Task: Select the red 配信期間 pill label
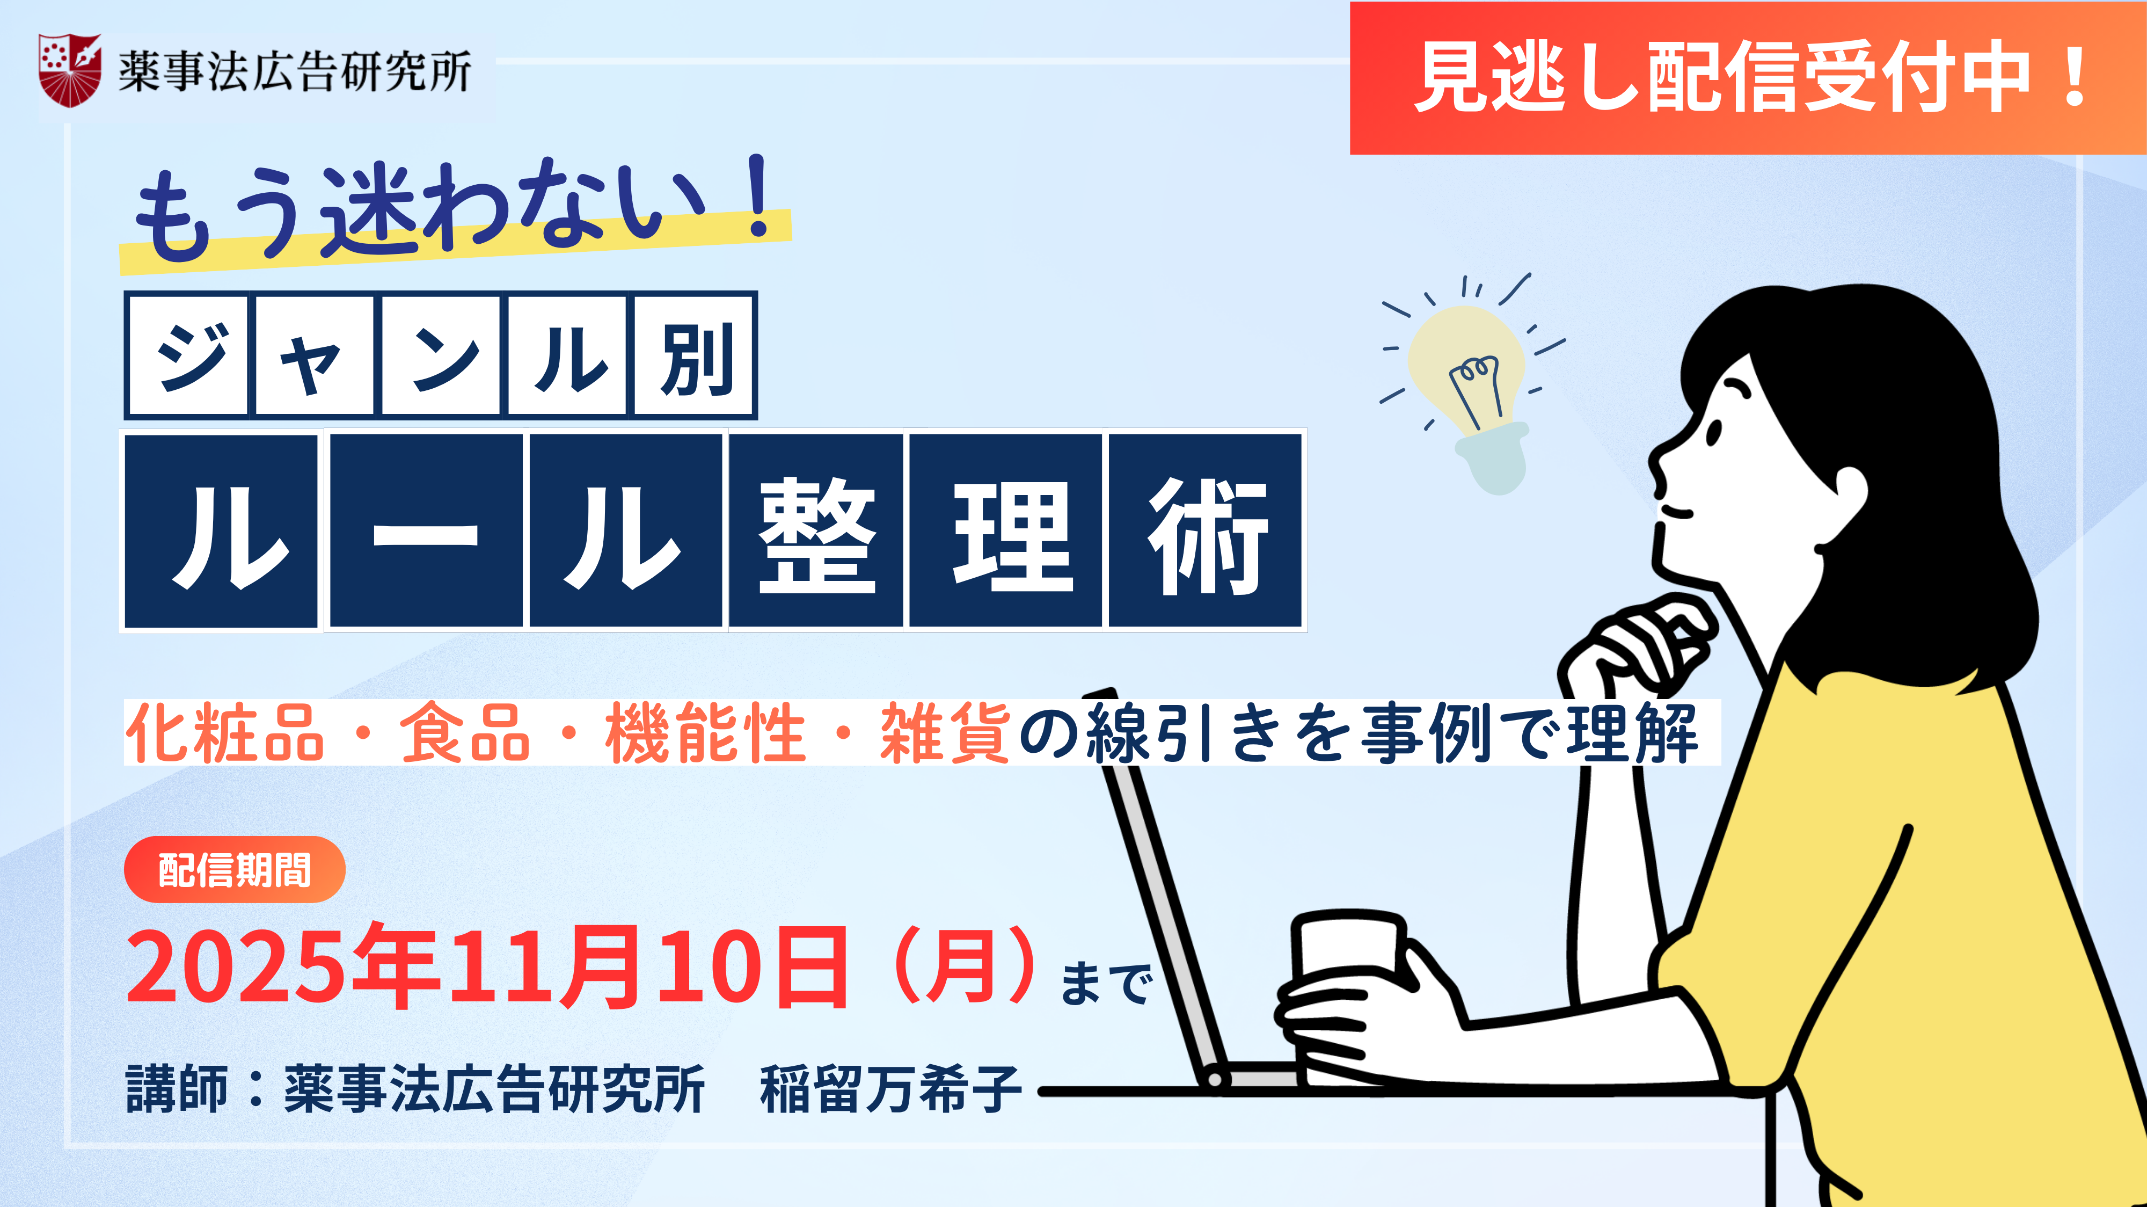pyautogui.click(x=234, y=869)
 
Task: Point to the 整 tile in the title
pyautogui.click(x=817, y=530)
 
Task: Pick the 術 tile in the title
pyautogui.click(x=1205, y=530)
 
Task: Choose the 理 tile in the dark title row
pyautogui.click(x=1006, y=530)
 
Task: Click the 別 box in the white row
pyautogui.click(x=694, y=355)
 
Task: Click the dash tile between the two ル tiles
pyautogui.click(x=426, y=530)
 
